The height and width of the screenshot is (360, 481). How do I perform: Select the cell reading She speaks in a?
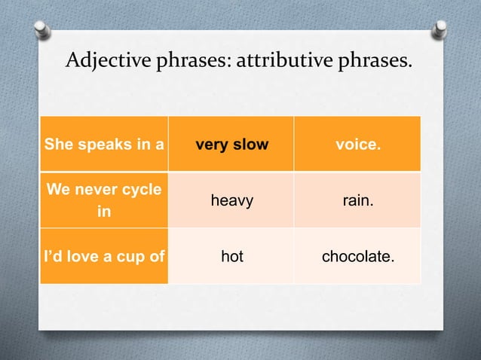coord(104,144)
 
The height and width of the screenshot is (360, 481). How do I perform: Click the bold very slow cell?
coord(231,144)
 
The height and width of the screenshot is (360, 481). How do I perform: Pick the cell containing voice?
coord(357,144)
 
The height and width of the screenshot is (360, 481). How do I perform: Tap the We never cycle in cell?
coord(104,200)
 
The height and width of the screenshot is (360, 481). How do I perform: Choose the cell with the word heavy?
coord(231,200)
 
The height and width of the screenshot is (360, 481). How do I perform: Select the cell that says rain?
coord(357,200)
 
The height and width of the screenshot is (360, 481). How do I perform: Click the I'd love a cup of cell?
coord(104,257)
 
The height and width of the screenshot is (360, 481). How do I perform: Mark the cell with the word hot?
coord(231,257)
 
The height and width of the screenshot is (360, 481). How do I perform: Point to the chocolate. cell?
coord(357,257)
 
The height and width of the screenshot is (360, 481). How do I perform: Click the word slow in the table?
coord(250,144)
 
